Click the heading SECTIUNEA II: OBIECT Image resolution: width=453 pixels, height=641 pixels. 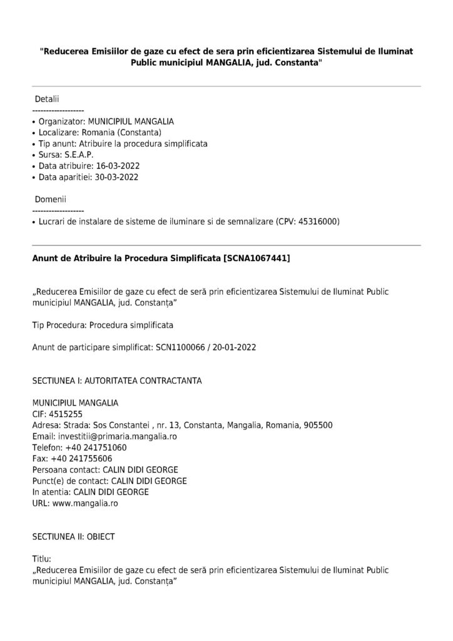[x=73, y=536]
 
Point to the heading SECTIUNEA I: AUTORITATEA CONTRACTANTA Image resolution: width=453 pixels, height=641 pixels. [x=116, y=381]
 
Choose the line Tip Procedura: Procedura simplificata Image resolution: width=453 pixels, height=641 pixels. [x=103, y=325]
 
